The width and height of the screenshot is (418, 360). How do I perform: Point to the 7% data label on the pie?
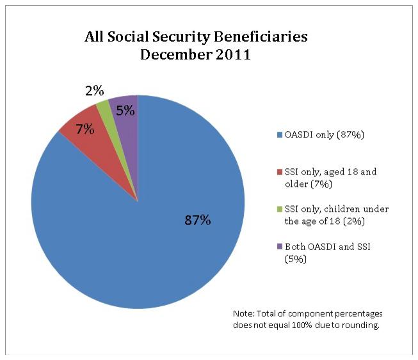click(x=85, y=129)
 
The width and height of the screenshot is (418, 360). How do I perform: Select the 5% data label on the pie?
click(x=125, y=110)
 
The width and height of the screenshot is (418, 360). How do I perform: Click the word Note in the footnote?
click(x=243, y=314)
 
